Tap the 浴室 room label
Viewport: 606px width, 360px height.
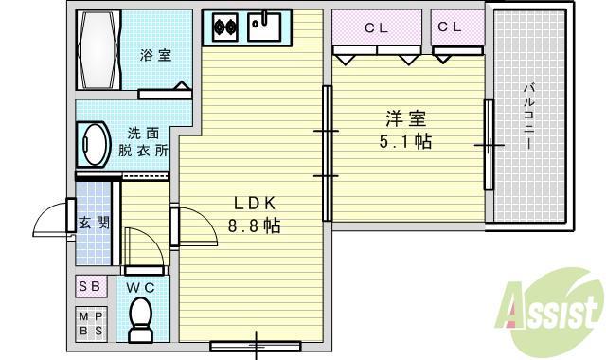[156, 55]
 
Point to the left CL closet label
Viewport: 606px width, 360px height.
[377, 27]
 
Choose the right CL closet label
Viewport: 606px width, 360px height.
[450, 27]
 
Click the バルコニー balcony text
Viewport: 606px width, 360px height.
[528, 117]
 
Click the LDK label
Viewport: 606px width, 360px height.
[254, 202]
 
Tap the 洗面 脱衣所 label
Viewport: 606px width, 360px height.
[142, 142]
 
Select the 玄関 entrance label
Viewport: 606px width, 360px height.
[93, 224]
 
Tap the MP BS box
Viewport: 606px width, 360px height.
[91, 323]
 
